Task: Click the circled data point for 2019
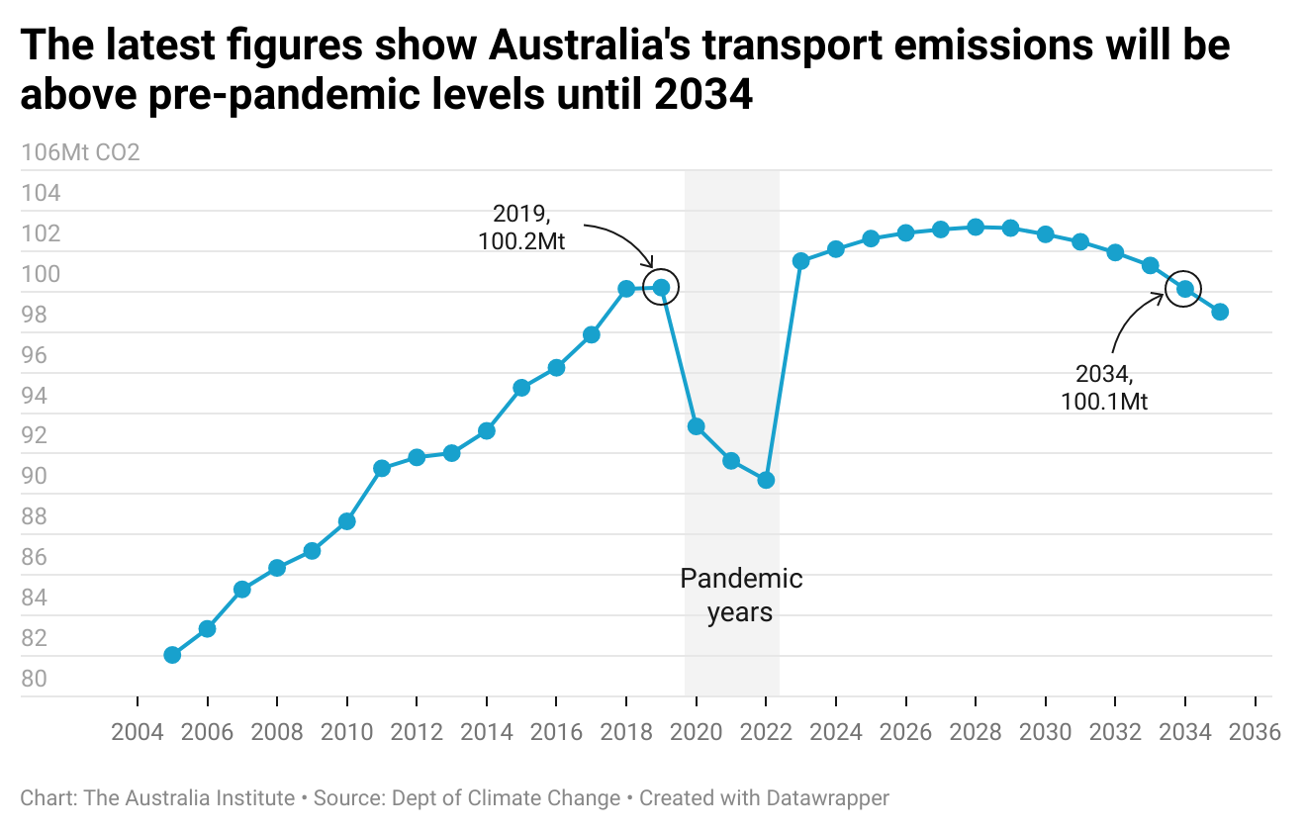(x=661, y=288)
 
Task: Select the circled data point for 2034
(x=1184, y=289)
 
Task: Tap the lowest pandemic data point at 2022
(x=766, y=480)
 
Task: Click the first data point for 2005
(x=172, y=655)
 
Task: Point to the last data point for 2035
(x=1220, y=312)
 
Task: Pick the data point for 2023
(x=801, y=261)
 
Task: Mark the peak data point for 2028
(x=976, y=227)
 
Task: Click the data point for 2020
(x=697, y=426)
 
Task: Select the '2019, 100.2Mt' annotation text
(x=520, y=228)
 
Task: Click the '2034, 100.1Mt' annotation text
(x=1103, y=389)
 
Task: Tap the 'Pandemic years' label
(x=741, y=595)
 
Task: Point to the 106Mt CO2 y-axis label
(x=80, y=153)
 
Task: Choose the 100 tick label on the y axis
(x=41, y=274)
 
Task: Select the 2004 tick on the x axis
(x=137, y=733)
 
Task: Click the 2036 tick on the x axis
(x=1256, y=733)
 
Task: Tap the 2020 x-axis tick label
(x=697, y=733)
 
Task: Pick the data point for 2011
(x=382, y=468)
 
